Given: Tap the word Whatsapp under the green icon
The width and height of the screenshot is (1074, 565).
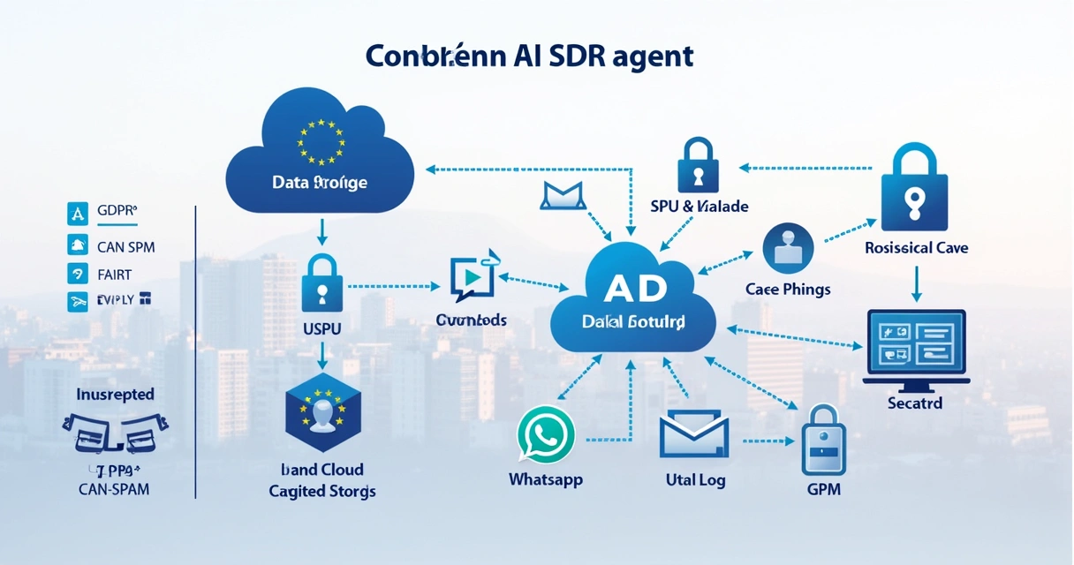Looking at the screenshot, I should [x=546, y=479].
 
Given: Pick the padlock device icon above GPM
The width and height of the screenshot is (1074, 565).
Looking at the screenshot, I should [x=822, y=442].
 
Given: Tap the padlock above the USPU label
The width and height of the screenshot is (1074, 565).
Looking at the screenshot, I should [x=321, y=282].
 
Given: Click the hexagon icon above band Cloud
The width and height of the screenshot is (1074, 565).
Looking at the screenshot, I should [x=322, y=411].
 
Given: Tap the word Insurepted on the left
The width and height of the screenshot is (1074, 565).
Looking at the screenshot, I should [x=115, y=394].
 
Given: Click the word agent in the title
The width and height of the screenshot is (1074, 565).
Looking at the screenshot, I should [x=649, y=55].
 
